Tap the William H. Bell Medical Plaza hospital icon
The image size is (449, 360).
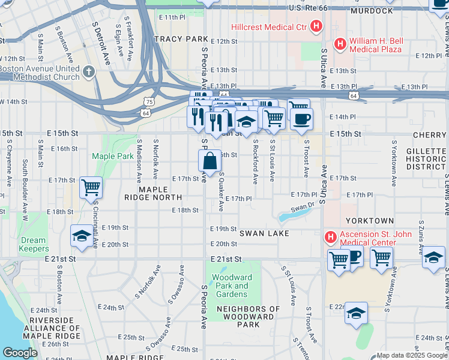click(x=340, y=43)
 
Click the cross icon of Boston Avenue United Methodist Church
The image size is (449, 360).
click(x=89, y=73)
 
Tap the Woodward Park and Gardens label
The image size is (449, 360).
click(x=232, y=286)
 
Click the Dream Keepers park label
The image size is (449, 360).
click(x=33, y=244)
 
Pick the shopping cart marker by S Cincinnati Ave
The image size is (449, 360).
click(x=91, y=187)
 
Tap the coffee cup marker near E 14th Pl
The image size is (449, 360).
click(x=301, y=118)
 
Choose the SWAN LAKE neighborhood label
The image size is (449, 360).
click(x=264, y=233)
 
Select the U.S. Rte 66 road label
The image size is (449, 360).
click(x=315, y=7)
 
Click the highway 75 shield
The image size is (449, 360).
click(x=149, y=103)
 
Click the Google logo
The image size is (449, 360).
click(x=20, y=353)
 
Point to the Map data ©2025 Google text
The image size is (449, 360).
click(x=412, y=355)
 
